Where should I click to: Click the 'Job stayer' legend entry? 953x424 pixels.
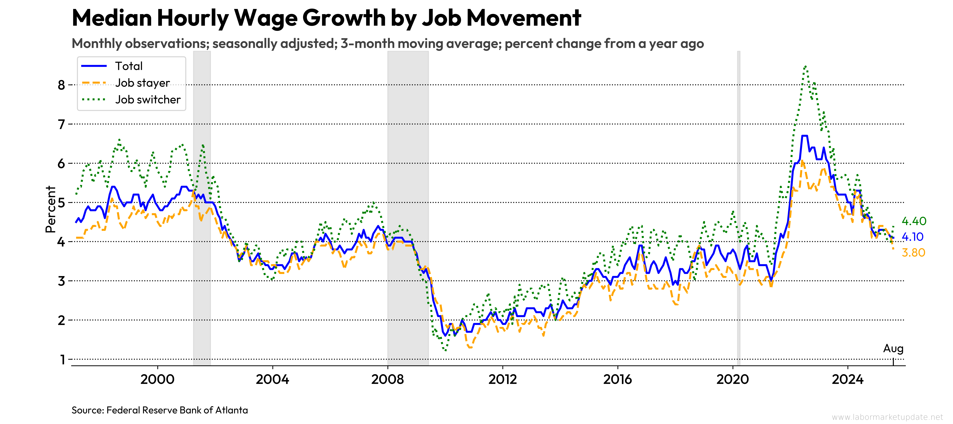pos(142,83)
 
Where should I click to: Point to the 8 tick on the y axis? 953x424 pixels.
pos(61,85)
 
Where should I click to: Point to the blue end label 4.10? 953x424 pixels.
pos(912,237)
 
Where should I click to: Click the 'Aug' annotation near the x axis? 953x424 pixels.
pos(893,349)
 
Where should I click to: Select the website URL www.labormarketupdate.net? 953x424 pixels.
pos(887,417)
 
